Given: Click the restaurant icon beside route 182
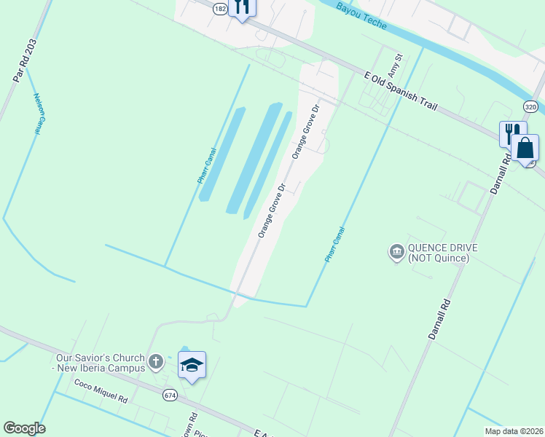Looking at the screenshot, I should [x=242, y=7].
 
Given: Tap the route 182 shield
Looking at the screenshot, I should [x=220, y=8].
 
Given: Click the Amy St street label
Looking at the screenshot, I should [x=395, y=66].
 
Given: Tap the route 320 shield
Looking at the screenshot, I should [x=530, y=107].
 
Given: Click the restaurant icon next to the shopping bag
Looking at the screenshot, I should [x=512, y=133].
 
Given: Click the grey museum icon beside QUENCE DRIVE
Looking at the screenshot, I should [x=396, y=252].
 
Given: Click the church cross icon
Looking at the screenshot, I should [x=155, y=361].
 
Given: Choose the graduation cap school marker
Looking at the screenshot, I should [x=192, y=365].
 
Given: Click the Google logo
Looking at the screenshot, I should [x=24, y=428].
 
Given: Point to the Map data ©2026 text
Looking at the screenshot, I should [x=513, y=431].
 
